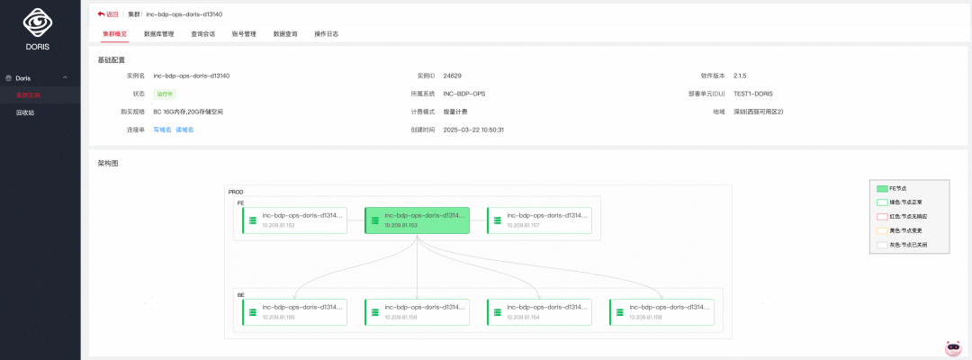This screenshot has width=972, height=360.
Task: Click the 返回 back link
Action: click(107, 14)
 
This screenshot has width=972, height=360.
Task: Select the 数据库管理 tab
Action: click(158, 34)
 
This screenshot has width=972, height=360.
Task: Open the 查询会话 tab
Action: click(202, 34)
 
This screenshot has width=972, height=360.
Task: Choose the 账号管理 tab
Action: click(244, 34)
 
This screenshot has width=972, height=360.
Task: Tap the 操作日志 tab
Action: click(326, 34)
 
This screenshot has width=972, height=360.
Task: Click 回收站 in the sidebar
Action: click(26, 112)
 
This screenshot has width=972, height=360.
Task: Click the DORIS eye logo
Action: click(39, 22)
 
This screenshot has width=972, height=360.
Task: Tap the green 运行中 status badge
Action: click(165, 94)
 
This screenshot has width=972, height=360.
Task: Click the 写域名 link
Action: click(162, 130)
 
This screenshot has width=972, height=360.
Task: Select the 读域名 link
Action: click(184, 130)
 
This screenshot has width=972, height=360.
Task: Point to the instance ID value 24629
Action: click(452, 76)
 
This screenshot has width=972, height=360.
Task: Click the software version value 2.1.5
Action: click(741, 76)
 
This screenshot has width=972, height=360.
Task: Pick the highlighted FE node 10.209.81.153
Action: click(417, 220)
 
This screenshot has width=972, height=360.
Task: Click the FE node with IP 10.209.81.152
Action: click(294, 220)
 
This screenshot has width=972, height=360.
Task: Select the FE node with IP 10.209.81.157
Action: click(539, 220)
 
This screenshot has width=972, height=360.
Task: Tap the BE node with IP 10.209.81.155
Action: click(294, 312)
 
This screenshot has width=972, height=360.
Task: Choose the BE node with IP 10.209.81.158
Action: click(661, 312)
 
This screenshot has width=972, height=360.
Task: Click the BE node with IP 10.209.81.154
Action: click(539, 312)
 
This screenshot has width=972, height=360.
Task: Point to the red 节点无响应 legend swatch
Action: click(882, 216)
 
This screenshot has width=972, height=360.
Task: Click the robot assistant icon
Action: click(953, 347)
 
